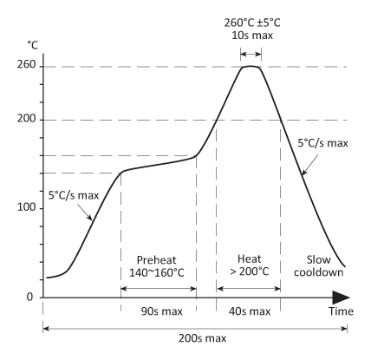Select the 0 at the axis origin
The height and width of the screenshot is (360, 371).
click(x=28, y=298)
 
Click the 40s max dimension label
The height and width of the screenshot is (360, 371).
click(x=248, y=310)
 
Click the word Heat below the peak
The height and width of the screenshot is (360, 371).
click(x=248, y=259)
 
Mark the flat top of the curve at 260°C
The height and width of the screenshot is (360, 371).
click(x=251, y=66)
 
